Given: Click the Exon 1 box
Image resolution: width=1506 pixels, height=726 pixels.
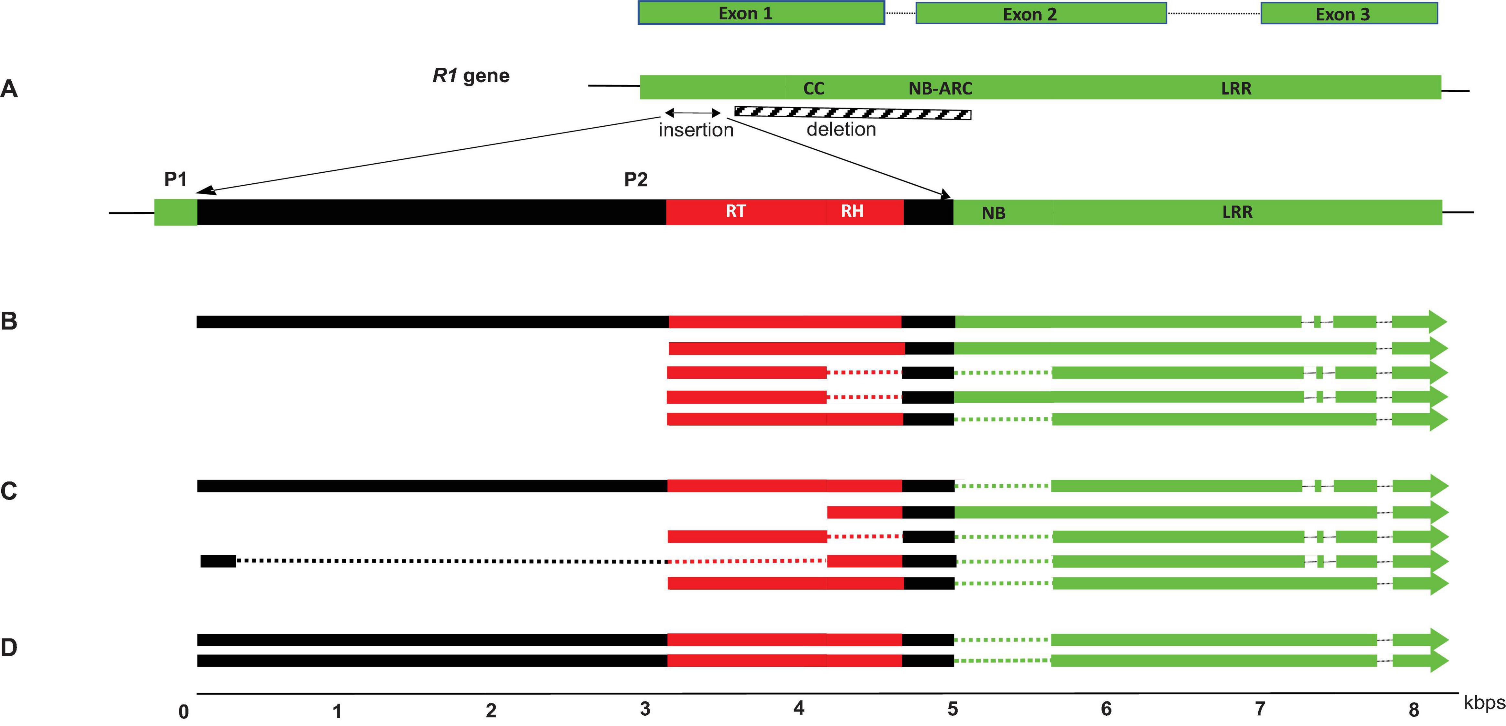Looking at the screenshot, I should tap(761, 13).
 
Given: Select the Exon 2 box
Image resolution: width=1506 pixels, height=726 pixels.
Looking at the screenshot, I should tap(1041, 14).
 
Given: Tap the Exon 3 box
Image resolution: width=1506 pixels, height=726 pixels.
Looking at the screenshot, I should tap(1349, 14).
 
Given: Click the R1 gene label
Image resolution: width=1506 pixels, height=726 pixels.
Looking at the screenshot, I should tap(471, 75).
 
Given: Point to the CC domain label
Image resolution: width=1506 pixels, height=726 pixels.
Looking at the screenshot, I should tap(813, 88).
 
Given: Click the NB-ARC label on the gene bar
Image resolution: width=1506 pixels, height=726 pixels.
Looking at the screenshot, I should tap(940, 88).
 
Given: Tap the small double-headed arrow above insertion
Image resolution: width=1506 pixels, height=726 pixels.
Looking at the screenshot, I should tap(693, 112).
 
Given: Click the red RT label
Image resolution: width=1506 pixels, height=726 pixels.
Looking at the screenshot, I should tap(735, 211).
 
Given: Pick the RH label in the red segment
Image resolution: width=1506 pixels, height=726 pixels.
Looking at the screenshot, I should tap(852, 211).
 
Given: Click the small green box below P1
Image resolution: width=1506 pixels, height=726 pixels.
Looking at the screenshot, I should tap(175, 213).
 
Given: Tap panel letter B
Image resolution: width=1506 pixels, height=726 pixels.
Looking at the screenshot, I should tap(9, 321).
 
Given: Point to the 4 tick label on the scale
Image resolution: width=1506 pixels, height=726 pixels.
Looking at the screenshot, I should tap(798, 709).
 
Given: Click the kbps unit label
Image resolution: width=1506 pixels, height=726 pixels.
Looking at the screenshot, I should tap(1484, 703).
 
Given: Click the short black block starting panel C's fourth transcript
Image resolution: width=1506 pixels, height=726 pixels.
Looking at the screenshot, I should tap(218, 561).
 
